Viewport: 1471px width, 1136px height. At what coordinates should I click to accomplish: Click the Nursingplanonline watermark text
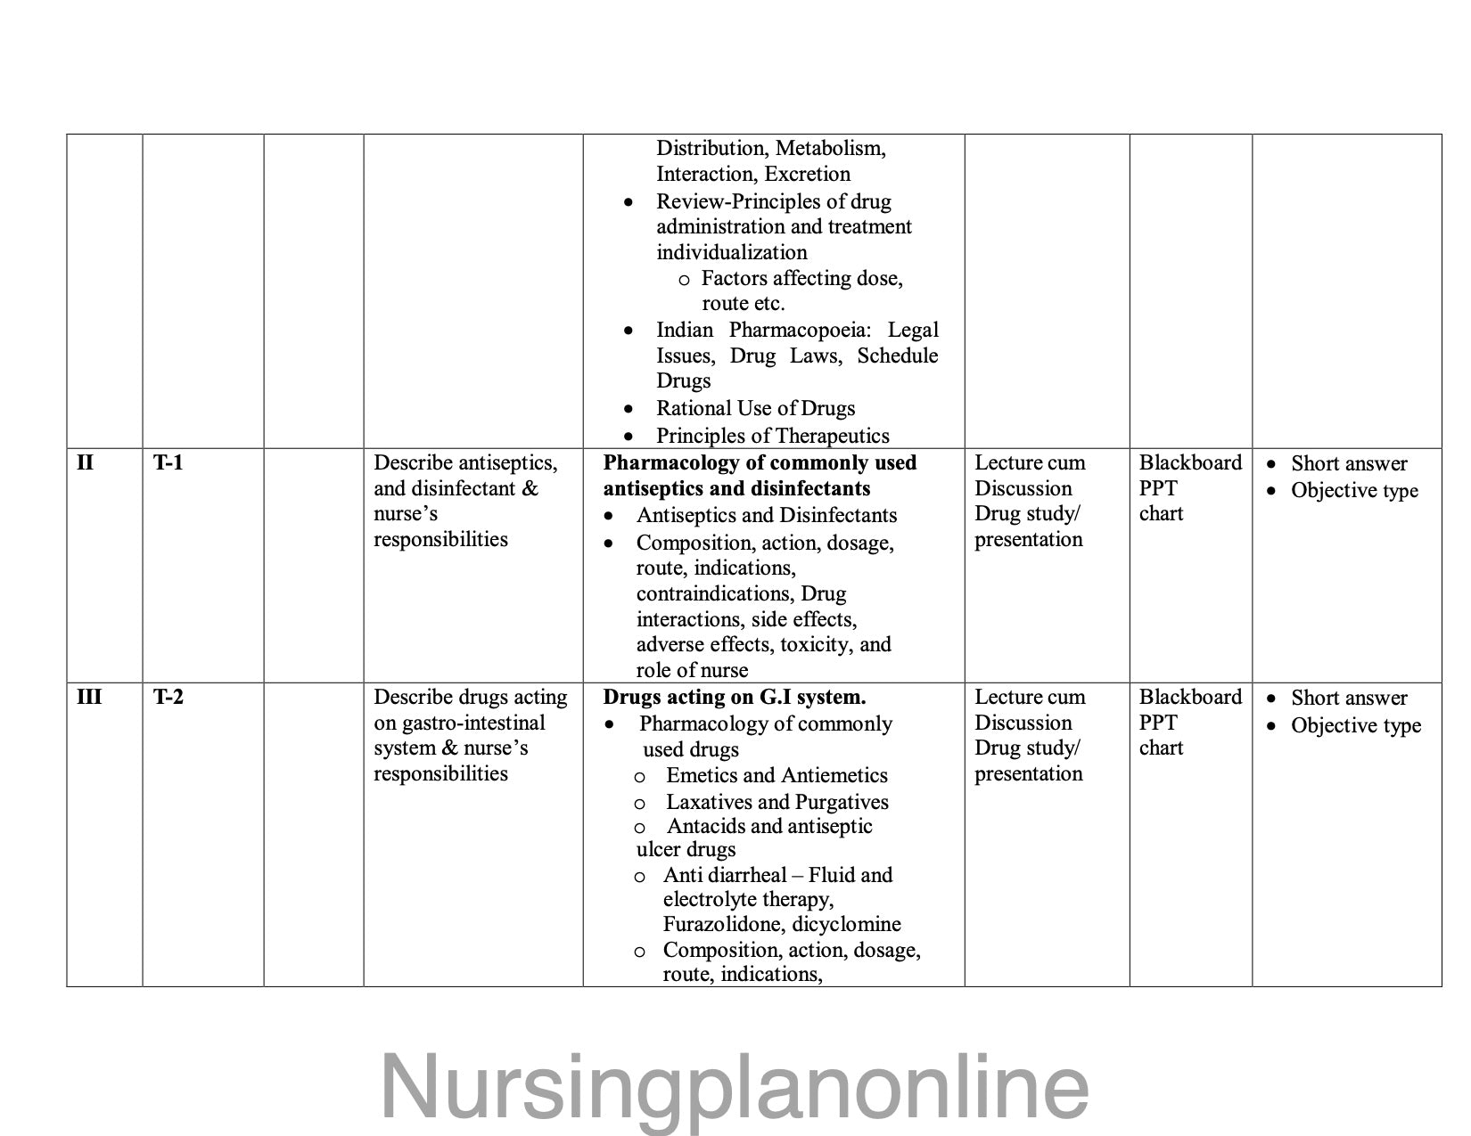click(x=735, y=1086)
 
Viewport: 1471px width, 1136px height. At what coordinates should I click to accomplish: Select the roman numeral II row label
click(x=85, y=462)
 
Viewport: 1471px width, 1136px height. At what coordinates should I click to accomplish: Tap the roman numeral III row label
click(x=89, y=697)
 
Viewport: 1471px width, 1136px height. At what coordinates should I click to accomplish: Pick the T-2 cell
click(x=168, y=697)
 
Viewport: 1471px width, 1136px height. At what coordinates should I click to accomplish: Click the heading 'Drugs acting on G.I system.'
click(x=734, y=697)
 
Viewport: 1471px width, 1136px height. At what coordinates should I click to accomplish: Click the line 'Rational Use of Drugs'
click(x=755, y=408)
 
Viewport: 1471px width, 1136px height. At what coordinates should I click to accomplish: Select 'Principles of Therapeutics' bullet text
click(x=772, y=436)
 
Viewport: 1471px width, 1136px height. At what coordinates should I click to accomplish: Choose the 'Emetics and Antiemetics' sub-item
click(x=777, y=775)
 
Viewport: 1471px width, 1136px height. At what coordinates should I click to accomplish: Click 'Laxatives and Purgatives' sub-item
click(x=777, y=802)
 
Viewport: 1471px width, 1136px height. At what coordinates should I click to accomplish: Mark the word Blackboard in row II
click(x=1189, y=462)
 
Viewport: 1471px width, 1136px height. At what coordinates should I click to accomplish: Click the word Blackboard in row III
click(x=1189, y=697)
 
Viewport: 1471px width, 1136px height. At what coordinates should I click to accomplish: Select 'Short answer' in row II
click(x=1348, y=463)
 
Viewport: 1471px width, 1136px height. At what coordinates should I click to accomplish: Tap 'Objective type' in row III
click(x=1355, y=725)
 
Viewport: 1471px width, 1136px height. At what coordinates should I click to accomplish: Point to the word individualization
click(x=731, y=252)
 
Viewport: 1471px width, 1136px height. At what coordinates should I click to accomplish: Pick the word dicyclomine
click(x=846, y=924)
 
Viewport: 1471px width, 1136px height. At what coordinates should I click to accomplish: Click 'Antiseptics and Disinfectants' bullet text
click(x=766, y=515)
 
